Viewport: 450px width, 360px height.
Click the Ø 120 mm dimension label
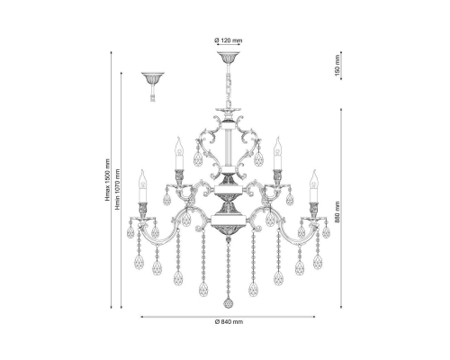pyautogui.click(x=229, y=40)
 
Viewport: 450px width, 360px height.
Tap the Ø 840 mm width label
pyautogui.click(x=229, y=322)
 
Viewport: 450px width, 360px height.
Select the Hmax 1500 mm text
pyautogui.click(x=108, y=180)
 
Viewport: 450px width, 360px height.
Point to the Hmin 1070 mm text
pyautogui.click(x=118, y=190)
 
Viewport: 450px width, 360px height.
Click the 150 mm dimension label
pyautogui.click(x=337, y=66)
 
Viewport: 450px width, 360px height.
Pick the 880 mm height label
pyautogui.click(x=337, y=211)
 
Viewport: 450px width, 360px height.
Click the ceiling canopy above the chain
pyautogui.click(x=229, y=58)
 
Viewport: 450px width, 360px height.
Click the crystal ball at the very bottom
pyautogui.click(x=229, y=303)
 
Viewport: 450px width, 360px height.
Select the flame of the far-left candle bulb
pyautogui.click(x=142, y=176)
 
